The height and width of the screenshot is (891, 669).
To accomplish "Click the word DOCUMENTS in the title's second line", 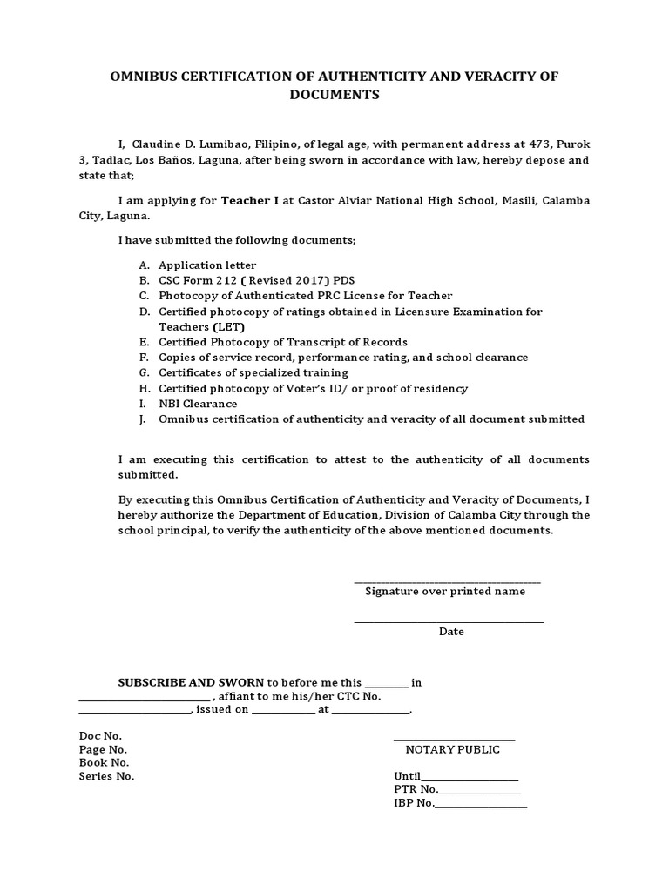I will coord(334,96).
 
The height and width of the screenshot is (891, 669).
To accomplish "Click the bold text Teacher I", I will coord(250,200).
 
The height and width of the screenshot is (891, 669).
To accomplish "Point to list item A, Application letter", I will coord(207,265).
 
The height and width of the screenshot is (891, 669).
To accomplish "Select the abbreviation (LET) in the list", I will coord(226,327).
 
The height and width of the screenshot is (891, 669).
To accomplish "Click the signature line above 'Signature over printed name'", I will coord(447,581).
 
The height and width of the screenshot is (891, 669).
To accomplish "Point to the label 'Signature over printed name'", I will coord(445,592).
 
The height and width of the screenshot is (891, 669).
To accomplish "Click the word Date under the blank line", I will coord(451,632).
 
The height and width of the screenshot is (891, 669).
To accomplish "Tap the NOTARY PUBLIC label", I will coord(453,750).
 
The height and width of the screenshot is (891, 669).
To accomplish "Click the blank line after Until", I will coord(470,778).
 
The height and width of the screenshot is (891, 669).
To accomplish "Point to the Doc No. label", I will coord(100,736).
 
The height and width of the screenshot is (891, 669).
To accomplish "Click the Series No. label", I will coord(106,776).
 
